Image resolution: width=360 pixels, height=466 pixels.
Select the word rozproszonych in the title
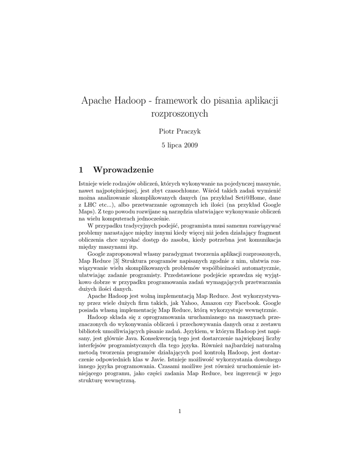[x=179, y=114]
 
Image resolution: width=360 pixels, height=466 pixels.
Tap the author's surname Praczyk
[x=188, y=132]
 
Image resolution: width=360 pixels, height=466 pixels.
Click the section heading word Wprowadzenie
[x=123, y=170]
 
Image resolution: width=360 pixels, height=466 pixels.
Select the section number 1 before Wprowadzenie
[x=81, y=170]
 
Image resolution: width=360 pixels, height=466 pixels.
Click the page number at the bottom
[x=180, y=411]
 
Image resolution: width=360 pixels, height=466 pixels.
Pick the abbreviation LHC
[x=91, y=205]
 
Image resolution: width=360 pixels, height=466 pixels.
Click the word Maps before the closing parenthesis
[x=86, y=212]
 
